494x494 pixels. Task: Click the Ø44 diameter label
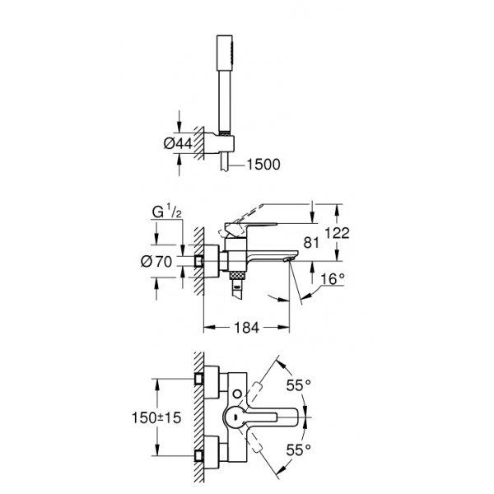178,143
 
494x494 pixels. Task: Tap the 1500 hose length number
263,165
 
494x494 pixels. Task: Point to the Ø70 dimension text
156,262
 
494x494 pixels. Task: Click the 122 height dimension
337,233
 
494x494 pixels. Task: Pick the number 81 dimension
311,243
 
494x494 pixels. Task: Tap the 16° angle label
333,279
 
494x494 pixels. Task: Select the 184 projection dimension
246,328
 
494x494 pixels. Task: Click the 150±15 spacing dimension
156,417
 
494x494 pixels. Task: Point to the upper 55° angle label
298,385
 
